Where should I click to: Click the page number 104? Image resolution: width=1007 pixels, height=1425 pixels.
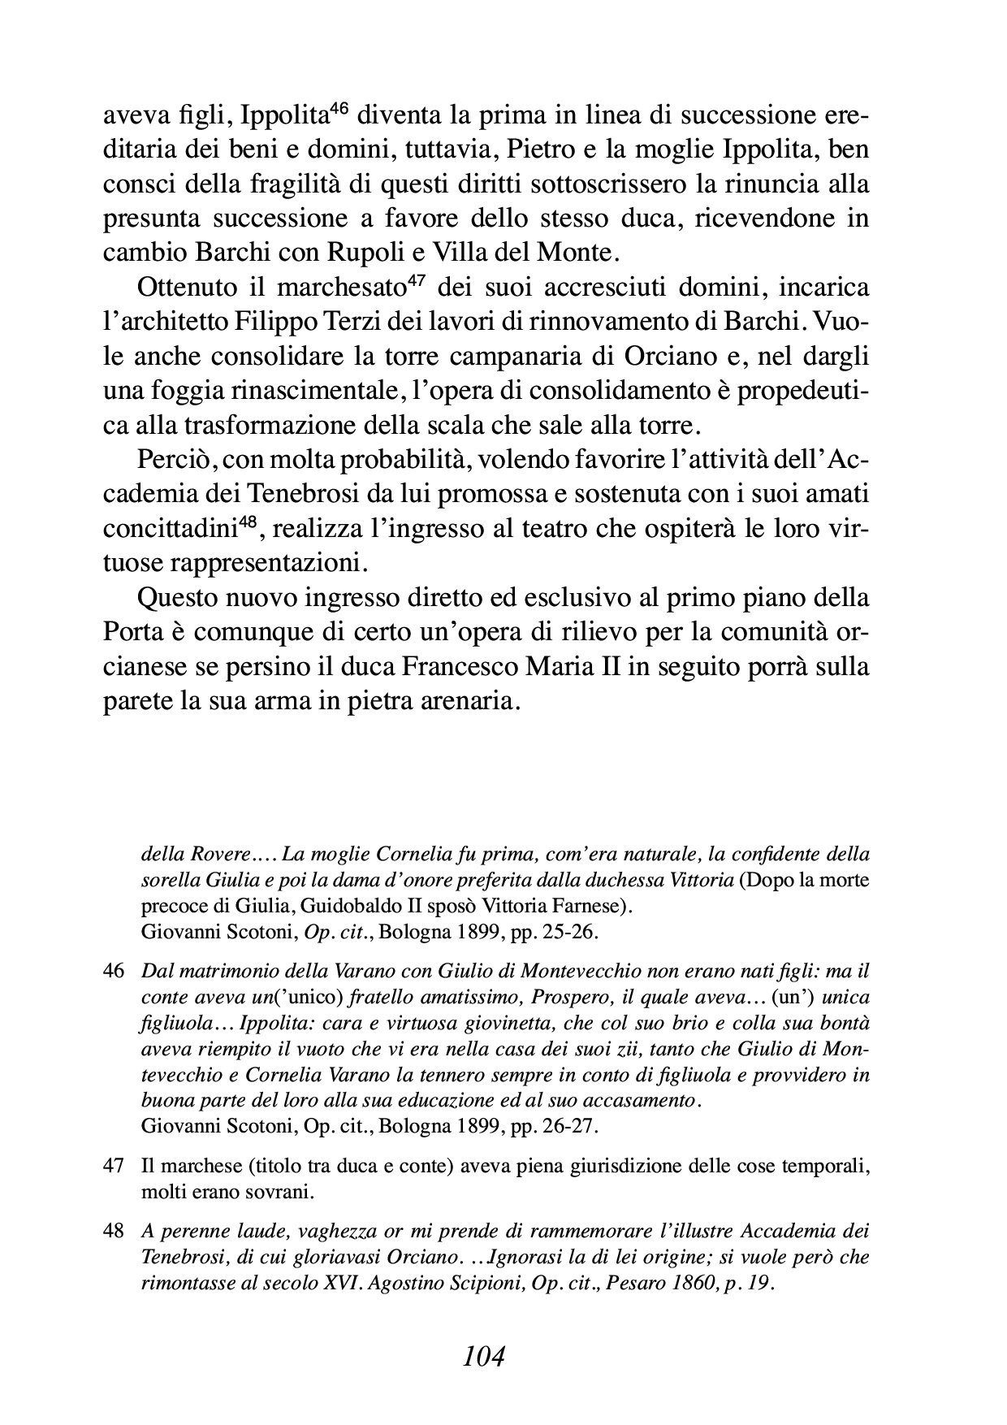click(x=483, y=1355)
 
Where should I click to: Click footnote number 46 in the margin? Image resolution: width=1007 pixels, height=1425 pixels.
click(x=114, y=971)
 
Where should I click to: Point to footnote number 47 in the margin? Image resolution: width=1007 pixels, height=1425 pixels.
click(x=114, y=1166)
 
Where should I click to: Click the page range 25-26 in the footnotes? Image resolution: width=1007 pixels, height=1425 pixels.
click(x=569, y=932)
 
